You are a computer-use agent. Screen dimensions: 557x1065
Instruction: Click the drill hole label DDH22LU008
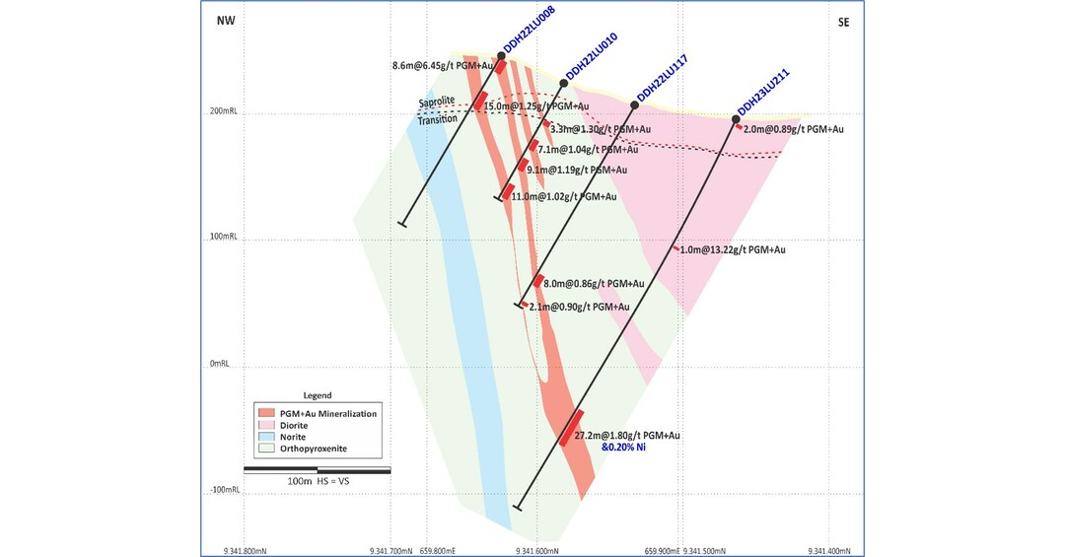click(529, 39)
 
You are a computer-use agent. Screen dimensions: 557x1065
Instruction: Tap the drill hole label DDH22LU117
click(662, 78)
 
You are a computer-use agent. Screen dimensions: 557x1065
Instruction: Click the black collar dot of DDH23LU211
click(736, 119)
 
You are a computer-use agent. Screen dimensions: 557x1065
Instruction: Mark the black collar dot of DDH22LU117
click(634, 104)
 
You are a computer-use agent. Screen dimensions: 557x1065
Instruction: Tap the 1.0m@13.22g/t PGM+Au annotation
click(733, 249)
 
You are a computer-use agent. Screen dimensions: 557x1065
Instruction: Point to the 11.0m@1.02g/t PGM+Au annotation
click(563, 196)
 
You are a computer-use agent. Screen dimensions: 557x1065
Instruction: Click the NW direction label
click(226, 22)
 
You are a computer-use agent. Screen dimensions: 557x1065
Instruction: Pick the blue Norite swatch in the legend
click(263, 437)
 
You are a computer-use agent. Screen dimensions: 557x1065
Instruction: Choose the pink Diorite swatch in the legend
click(263, 425)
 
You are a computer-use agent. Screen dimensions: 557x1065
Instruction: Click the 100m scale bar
click(317, 469)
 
